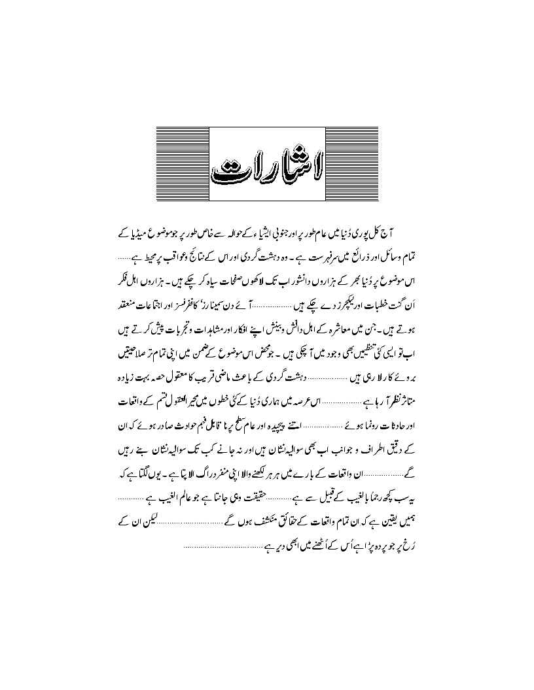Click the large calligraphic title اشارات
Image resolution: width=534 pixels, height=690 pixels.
coord(266,161)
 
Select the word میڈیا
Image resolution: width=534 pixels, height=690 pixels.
coord(395,234)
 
